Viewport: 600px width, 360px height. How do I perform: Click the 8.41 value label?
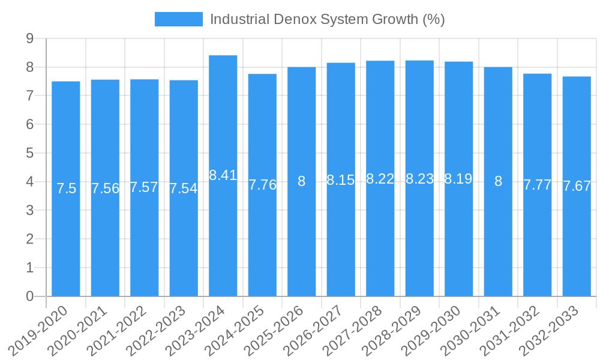(x=223, y=175)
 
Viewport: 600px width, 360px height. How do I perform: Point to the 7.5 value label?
(x=66, y=188)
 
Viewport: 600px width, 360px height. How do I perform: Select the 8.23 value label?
(x=419, y=179)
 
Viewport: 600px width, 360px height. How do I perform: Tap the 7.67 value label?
(x=577, y=186)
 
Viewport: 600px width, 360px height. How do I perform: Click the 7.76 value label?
(x=262, y=185)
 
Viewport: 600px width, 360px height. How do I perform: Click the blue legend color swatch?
(x=178, y=19)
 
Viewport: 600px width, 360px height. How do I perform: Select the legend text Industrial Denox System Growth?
(x=327, y=19)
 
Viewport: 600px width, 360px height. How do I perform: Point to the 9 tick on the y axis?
(x=29, y=38)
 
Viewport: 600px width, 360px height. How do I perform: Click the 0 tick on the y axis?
(x=29, y=296)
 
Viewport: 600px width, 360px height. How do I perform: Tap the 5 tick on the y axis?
(x=29, y=153)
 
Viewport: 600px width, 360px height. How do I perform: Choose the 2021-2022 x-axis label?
(x=121, y=330)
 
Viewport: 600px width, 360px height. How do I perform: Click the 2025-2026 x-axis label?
(x=278, y=330)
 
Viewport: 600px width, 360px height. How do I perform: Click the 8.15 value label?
(x=341, y=179)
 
